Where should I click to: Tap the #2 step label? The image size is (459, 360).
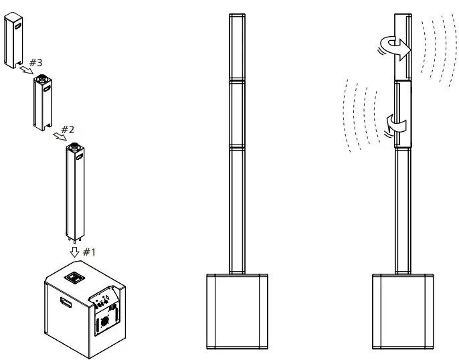[68, 128]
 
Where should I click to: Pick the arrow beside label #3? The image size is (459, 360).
[24, 70]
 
